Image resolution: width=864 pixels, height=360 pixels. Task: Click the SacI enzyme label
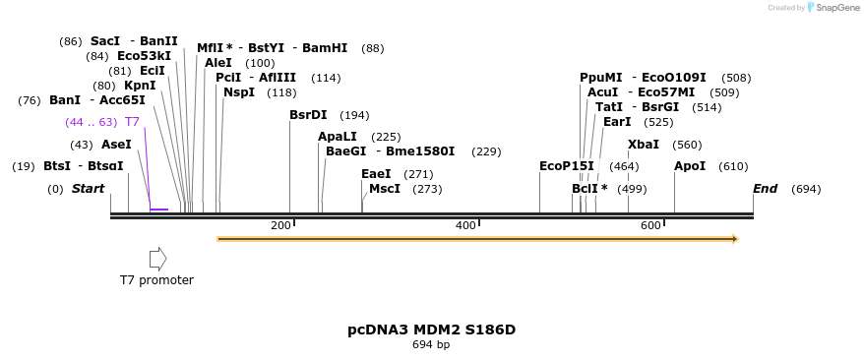105,41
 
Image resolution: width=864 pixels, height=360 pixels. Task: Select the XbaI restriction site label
644,145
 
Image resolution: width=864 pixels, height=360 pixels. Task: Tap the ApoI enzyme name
690,166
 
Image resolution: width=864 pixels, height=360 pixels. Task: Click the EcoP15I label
567,166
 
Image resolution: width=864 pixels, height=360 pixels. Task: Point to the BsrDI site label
308,115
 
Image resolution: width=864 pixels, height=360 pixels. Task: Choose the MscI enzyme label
385,189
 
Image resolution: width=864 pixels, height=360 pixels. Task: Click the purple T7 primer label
132,122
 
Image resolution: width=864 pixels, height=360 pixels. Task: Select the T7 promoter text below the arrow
156,280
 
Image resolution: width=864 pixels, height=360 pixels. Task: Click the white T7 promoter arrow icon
157,259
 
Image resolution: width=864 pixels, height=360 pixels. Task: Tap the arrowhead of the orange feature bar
734,239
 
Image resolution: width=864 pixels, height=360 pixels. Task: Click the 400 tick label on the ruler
465,226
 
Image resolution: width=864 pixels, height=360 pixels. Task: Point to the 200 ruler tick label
280,226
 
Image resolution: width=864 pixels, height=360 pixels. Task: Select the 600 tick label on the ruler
650,226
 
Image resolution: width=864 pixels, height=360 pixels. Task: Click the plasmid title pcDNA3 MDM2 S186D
431,330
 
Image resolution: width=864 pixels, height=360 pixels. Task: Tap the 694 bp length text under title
431,345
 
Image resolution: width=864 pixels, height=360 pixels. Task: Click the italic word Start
88,189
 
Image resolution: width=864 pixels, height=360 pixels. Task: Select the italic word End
766,189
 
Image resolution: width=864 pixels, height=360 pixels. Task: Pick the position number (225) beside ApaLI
386,137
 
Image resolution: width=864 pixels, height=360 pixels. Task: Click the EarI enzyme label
617,122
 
